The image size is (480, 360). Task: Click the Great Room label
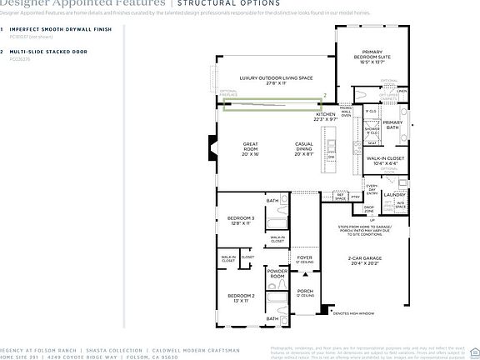251,148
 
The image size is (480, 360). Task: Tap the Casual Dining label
303,148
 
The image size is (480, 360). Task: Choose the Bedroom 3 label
240,221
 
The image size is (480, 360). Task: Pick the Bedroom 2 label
241,297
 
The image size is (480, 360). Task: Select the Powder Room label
277,272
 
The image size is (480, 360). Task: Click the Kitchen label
325,117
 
